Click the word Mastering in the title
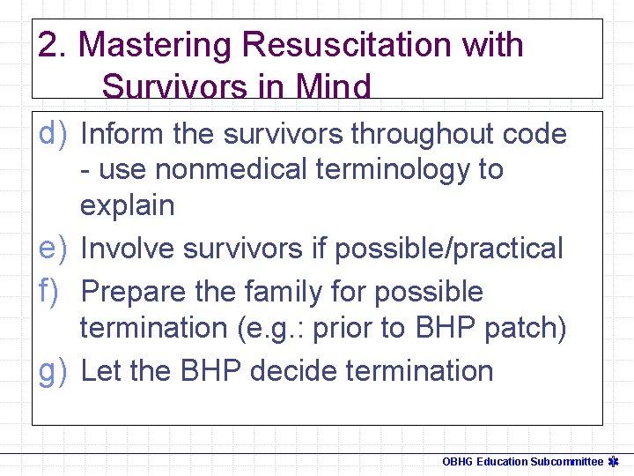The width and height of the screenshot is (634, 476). (155, 45)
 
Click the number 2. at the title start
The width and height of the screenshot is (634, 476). (54, 45)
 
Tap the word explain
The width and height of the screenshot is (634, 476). (128, 205)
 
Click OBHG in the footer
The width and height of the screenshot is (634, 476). (457, 461)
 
